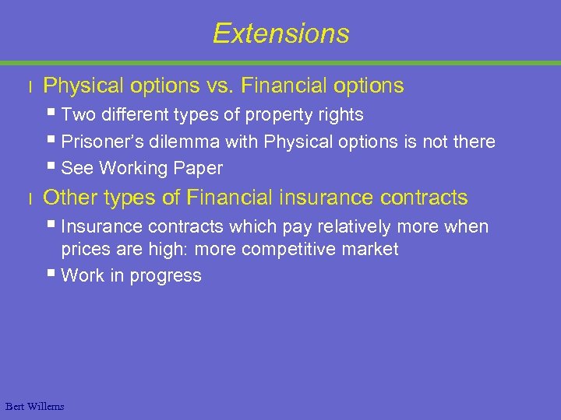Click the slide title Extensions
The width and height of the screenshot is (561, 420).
click(280, 33)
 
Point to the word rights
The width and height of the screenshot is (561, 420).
click(339, 115)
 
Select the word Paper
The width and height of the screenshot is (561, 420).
click(199, 168)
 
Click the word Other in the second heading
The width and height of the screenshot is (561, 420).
click(66, 198)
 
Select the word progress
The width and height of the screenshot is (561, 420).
click(168, 276)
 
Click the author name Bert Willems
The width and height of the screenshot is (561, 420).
click(34, 406)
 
